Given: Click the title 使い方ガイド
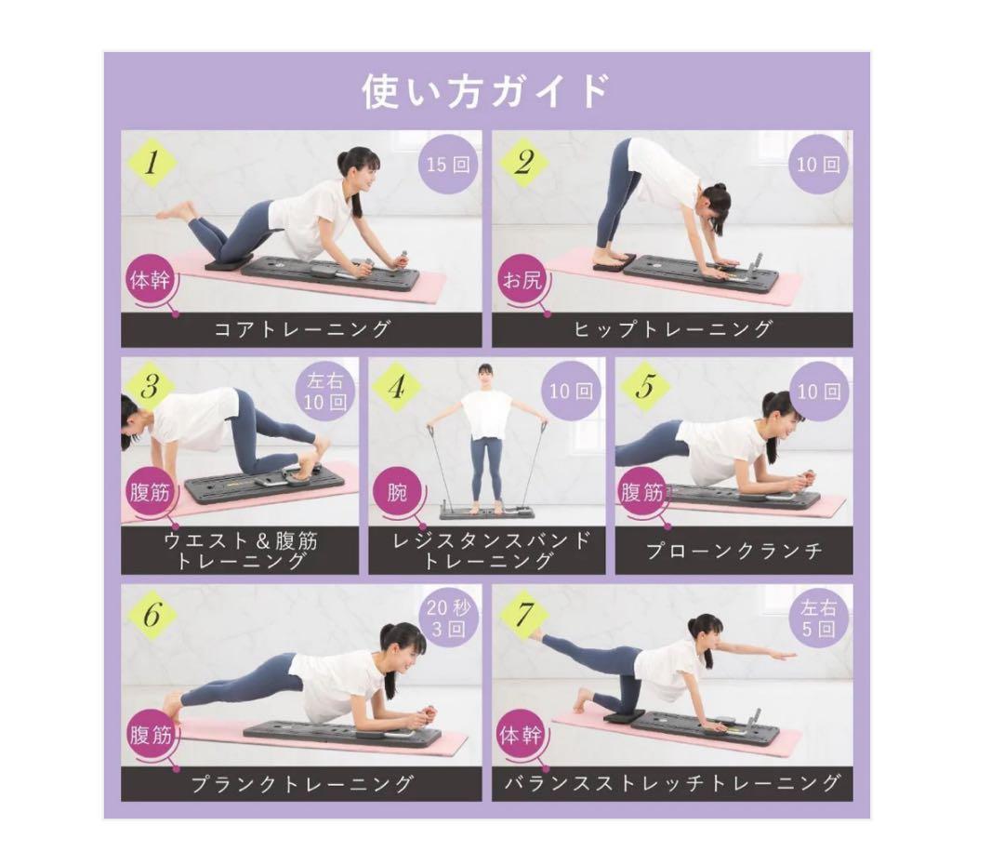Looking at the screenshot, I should click(486, 92).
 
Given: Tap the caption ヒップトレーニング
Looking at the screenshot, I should click(672, 329).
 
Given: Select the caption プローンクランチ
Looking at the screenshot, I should click(734, 551).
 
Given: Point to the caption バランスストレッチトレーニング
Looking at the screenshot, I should click(672, 783).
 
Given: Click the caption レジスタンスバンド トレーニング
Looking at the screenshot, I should click(486, 551).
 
